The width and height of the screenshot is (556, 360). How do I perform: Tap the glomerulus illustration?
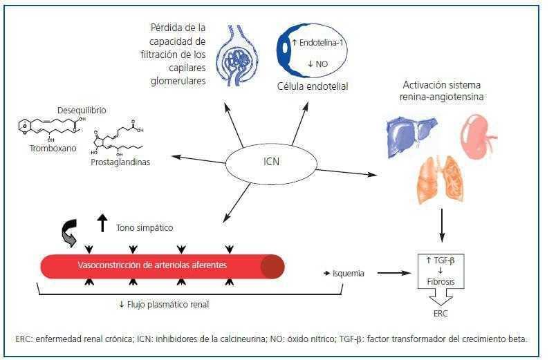pos(238,58)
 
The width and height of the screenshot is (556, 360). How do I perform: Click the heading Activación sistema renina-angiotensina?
pos(443,91)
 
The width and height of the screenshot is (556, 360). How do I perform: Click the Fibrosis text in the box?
pos(440,282)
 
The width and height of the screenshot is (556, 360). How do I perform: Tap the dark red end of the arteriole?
pos(272,266)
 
